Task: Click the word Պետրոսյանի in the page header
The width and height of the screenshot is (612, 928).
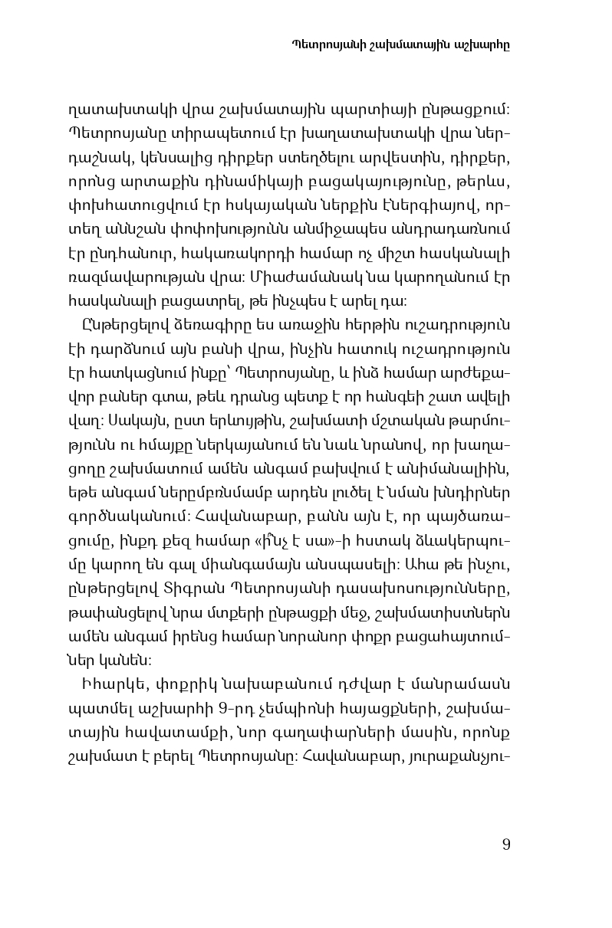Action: click(x=329, y=44)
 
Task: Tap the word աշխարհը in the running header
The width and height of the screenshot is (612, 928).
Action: click(x=486, y=44)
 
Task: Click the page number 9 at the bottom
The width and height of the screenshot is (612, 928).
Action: click(x=506, y=844)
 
